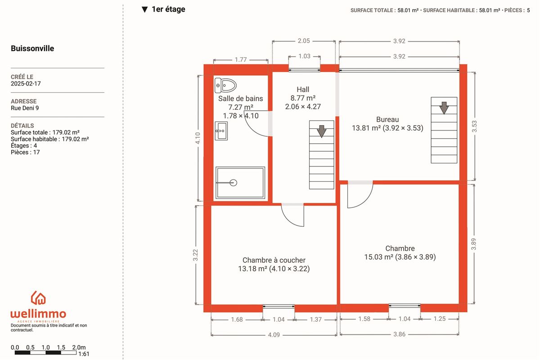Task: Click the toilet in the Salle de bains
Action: [x=225, y=85]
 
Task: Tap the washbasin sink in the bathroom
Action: [x=221, y=131]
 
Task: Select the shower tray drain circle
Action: [x=234, y=183]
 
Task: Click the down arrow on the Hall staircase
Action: [x=322, y=131]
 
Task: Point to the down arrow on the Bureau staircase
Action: [x=444, y=108]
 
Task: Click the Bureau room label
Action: [x=387, y=119]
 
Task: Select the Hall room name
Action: [x=303, y=90]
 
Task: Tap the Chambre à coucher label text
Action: [x=274, y=260]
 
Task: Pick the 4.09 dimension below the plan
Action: [x=274, y=335]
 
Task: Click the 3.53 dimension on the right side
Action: [x=474, y=126]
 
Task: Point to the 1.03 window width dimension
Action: [x=304, y=56]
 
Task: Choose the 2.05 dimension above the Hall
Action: [x=303, y=41]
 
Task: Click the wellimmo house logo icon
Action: [x=38, y=298]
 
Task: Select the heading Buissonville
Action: [x=32, y=48]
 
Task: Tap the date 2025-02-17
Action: [x=26, y=84]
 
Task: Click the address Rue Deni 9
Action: [x=25, y=108]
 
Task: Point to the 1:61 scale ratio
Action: [x=84, y=354]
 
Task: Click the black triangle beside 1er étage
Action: [x=144, y=9]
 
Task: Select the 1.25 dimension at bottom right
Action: [x=440, y=319]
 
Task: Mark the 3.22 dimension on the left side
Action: [x=195, y=255]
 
